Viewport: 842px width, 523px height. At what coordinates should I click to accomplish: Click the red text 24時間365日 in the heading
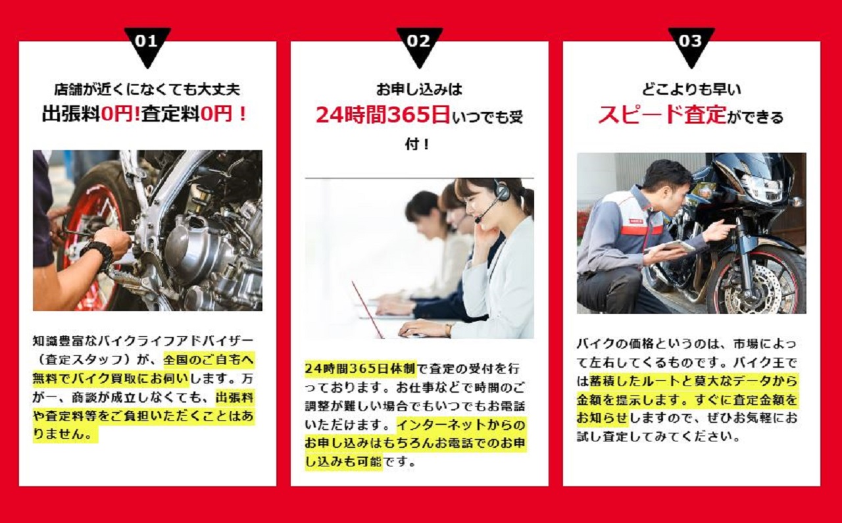[x=383, y=114]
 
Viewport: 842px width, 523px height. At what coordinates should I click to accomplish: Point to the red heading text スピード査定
[x=662, y=114]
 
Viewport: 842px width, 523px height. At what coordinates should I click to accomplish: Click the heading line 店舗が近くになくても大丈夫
[x=147, y=89]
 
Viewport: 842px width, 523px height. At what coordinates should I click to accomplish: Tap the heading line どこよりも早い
[x=691, y=89]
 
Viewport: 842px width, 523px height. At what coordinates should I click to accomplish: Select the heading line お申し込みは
[x=419, y=89]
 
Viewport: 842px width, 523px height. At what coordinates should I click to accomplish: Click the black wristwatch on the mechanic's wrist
[x=99, y=253]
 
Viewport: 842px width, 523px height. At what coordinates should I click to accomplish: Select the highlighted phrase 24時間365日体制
[x=360, y=368]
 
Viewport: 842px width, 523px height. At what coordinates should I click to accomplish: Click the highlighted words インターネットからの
[x=461, y=425]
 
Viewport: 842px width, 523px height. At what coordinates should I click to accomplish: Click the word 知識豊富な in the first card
[x=65, y=341]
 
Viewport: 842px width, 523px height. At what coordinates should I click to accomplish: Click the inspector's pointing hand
[x=718, y=230]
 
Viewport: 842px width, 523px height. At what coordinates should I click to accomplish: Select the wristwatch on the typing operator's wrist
[x=448, y=330]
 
